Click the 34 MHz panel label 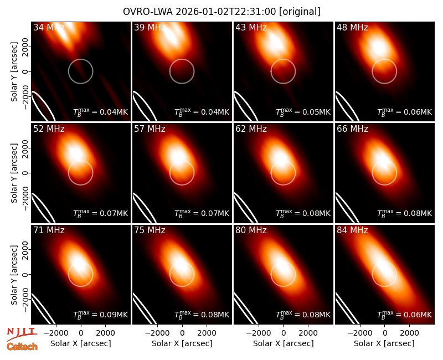[49, 27]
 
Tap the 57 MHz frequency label [150, 129]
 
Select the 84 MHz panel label [352, 230]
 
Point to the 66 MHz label [352, 129]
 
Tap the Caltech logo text [22, 347]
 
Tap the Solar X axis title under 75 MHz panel [182, 343]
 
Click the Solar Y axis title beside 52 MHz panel [14, 173]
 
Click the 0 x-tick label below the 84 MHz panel [384, 333]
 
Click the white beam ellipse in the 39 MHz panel [144, 106]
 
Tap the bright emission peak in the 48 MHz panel [378, 47]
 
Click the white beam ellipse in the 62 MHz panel [245, 207]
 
